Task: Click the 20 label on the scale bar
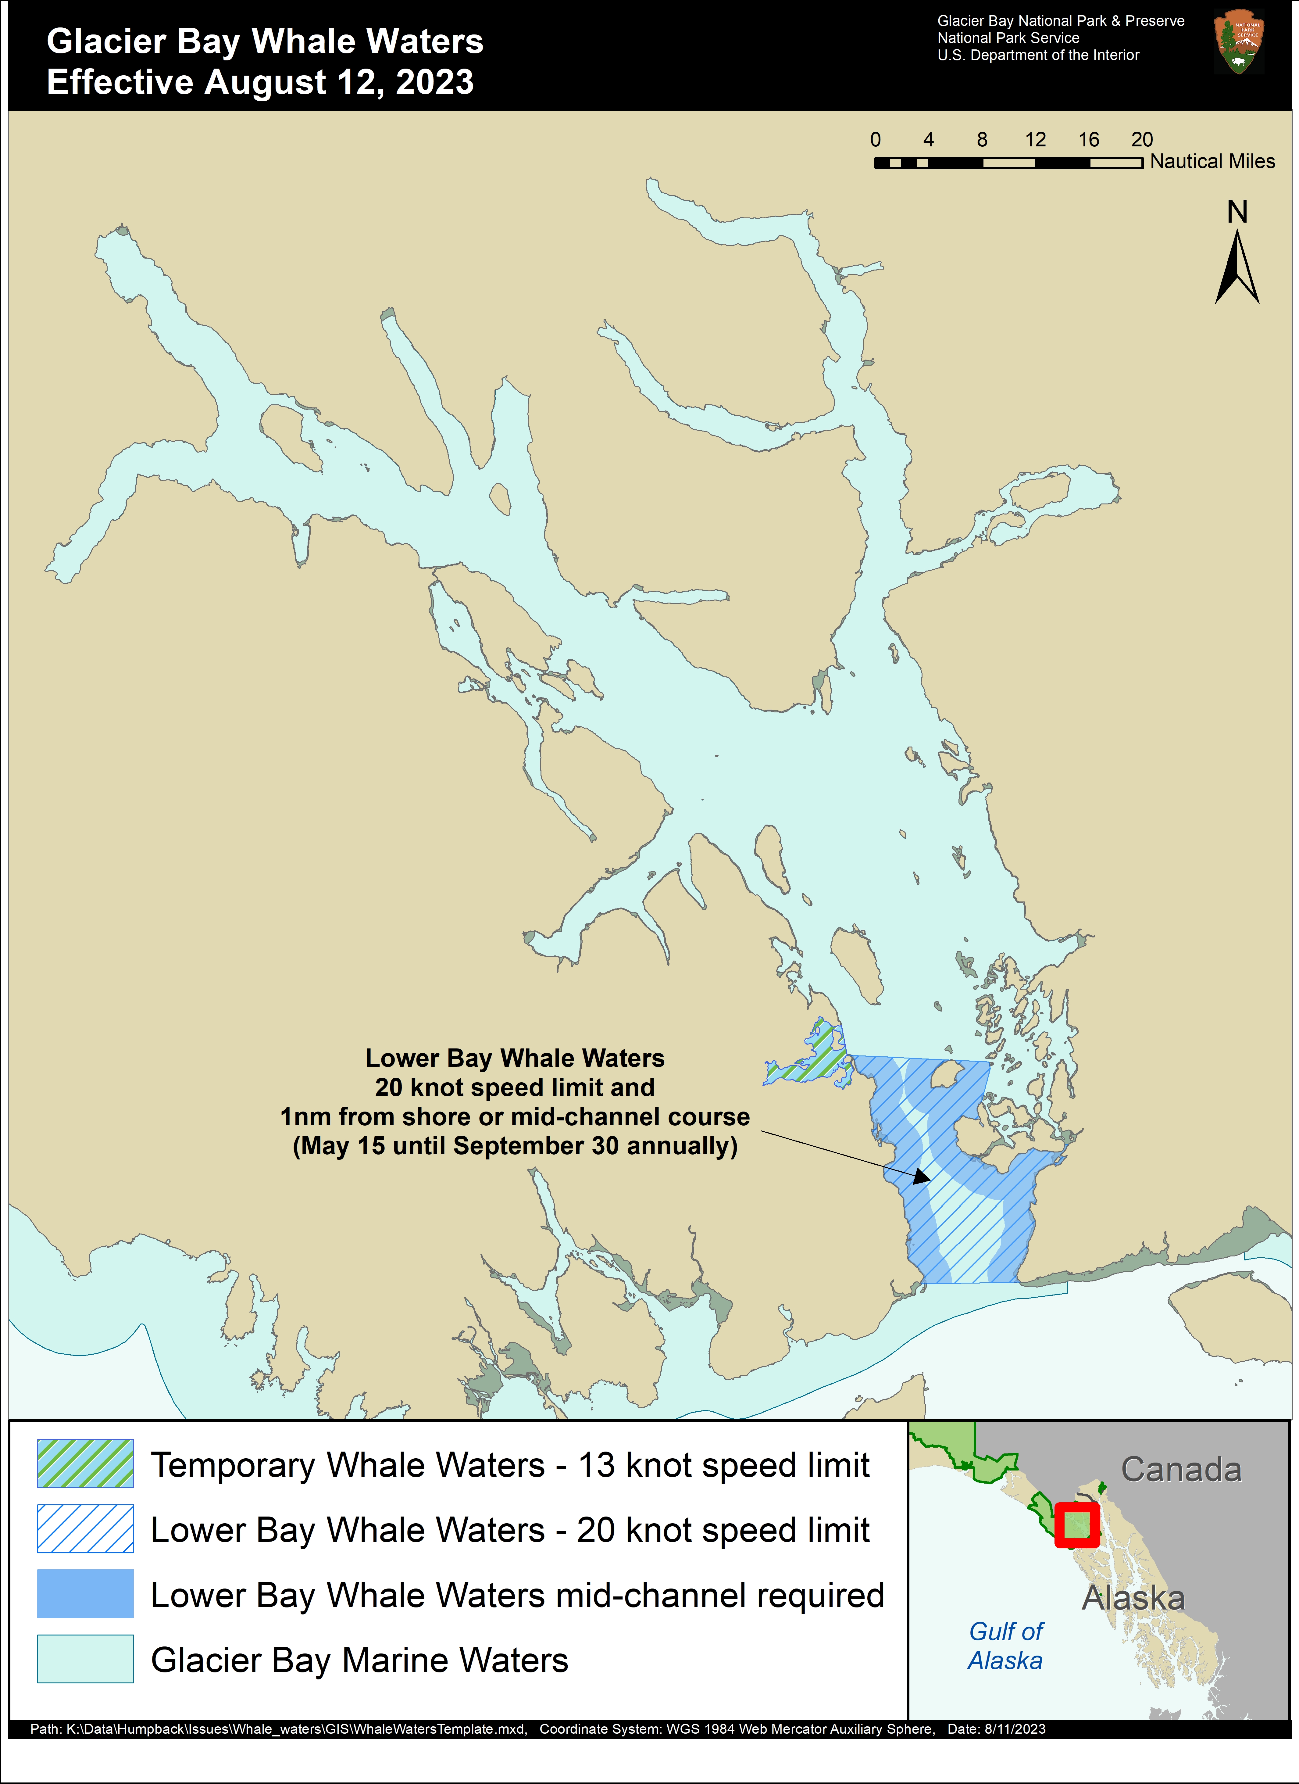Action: point(1142,140)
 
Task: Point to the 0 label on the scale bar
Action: point(875,140)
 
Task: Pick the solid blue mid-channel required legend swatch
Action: point(85,1594)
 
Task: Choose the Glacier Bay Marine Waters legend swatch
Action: point(85,1659)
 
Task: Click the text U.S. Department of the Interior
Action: point(1038,55)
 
